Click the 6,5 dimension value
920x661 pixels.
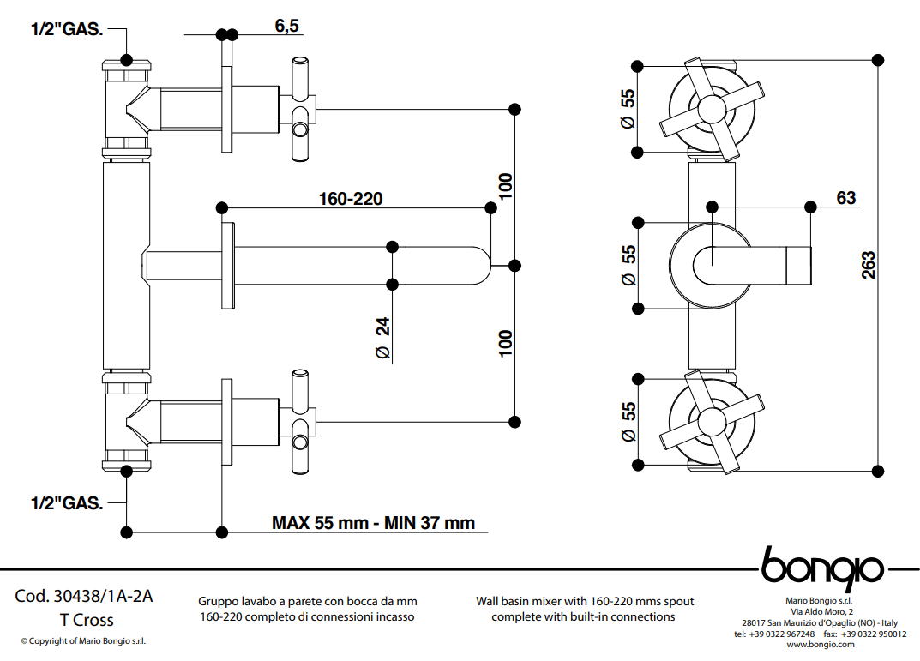coord(286,26)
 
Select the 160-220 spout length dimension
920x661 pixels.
coord(350,199)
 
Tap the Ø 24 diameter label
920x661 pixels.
coord(382,338)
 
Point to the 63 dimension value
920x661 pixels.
coord(845,198)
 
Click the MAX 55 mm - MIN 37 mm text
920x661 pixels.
coord(373,522)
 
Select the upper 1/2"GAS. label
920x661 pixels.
coord(67,30)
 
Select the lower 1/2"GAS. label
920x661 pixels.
coord(67,503)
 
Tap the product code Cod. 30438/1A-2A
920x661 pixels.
coord(84,597)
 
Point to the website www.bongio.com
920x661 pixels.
coord(820,644)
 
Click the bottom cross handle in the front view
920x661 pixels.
coord(710,420)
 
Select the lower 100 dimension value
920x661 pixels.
coord(506,343)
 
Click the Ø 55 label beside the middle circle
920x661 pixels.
coord(628,266)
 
